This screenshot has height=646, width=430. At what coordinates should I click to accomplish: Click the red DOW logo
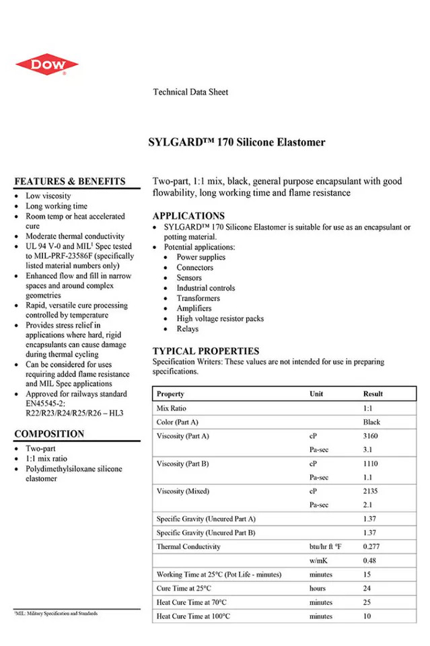46,65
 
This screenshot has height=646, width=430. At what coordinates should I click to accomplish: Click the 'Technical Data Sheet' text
190,92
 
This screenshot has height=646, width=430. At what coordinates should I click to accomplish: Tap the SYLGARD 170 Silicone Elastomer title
236,142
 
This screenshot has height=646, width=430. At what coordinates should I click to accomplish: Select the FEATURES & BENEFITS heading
70,181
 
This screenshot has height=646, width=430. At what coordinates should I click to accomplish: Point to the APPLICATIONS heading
188,216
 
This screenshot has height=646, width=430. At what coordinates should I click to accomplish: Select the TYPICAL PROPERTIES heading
205,351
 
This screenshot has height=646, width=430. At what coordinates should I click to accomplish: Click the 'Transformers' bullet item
198,298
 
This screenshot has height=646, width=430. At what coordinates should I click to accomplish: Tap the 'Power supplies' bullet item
201,257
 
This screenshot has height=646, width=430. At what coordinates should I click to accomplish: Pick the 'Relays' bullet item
188,329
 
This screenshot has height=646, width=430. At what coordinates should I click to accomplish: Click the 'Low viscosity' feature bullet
48,196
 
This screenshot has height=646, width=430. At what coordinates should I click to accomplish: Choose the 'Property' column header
170,394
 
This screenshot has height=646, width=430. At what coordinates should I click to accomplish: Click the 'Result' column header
373,394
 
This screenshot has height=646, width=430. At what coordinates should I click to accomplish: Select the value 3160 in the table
371,436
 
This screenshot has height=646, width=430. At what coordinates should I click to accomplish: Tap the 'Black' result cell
371,422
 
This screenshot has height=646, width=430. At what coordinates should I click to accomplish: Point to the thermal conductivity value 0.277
371,546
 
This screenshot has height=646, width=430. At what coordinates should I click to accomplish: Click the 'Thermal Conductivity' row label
188,546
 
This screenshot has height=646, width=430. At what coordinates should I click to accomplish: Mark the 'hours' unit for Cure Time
320,588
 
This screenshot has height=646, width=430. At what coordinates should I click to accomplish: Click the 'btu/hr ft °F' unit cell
326,546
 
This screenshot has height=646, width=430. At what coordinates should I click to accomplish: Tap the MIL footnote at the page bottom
57,613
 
